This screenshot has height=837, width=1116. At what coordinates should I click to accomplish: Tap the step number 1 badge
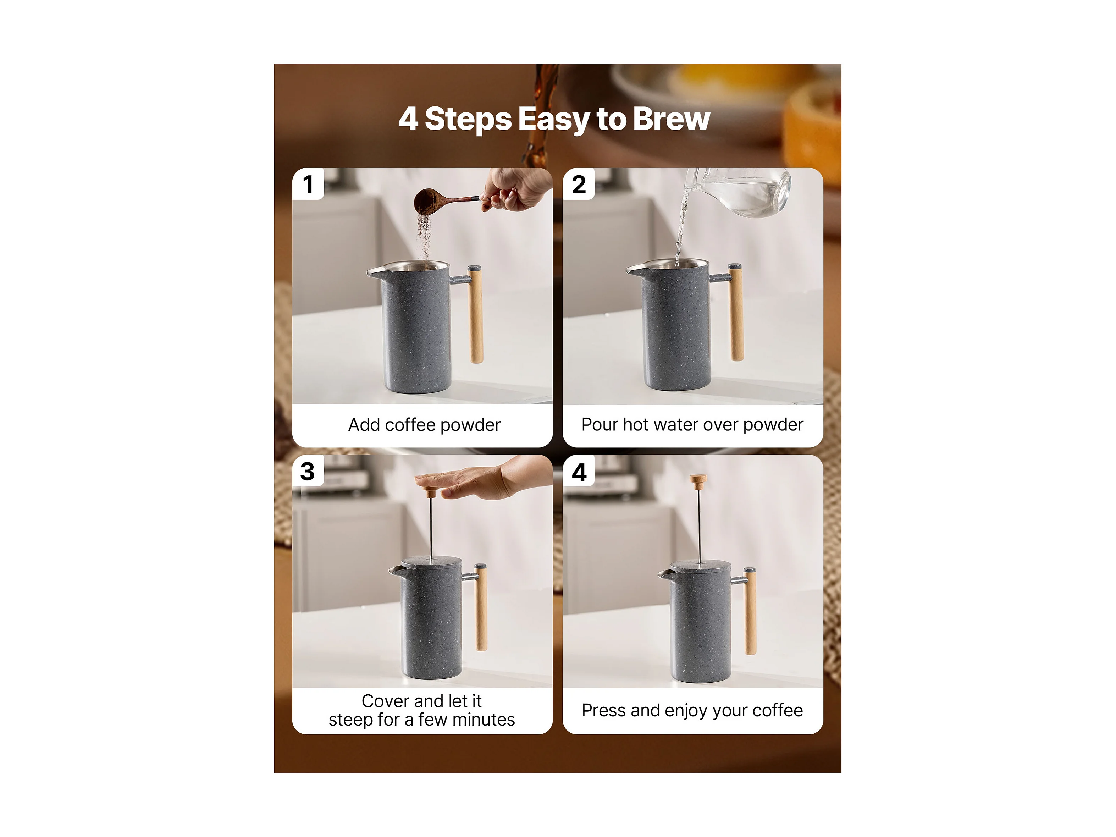coord(308,184)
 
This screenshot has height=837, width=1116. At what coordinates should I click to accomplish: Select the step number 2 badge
coord(579,184)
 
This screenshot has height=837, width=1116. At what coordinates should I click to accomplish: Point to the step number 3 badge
coord(308,471)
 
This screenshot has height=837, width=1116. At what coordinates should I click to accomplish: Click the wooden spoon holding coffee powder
coord(444,200)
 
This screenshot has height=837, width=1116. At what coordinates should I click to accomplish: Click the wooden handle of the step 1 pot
coord(475,314)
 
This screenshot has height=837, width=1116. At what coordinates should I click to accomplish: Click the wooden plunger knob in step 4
coord(698,481)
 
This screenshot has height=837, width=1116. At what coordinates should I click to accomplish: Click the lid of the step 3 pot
coord(431,562)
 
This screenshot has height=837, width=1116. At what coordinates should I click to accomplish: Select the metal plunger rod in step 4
coord(699,525)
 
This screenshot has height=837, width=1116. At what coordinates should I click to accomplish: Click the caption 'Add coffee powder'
coord(424,425)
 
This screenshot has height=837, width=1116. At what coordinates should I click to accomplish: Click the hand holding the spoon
coord(515,189)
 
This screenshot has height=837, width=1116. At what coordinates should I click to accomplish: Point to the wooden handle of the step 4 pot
coord(751,611)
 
